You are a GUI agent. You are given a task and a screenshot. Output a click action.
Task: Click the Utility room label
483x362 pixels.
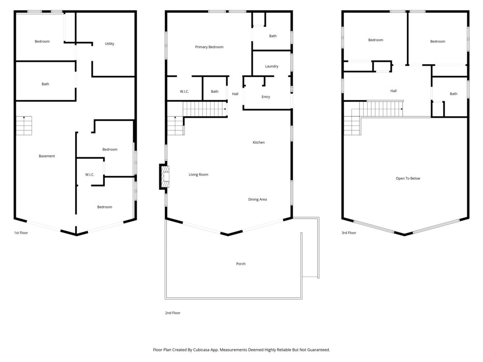tap(110, 44)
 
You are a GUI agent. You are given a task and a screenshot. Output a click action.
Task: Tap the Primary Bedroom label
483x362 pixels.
tap(209, 47)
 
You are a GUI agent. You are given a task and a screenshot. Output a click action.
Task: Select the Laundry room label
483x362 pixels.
tap(272, 66)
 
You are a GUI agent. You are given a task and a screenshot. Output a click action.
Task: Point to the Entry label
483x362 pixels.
tap(266, 97)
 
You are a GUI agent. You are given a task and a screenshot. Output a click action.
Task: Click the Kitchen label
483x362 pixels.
tap(259, 143)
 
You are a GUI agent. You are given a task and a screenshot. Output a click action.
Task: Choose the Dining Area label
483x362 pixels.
tap(258, 200)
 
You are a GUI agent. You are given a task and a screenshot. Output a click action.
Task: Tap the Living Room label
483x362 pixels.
tap(198, 175)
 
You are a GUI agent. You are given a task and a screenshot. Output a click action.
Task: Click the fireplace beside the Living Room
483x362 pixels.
tap(164, 176)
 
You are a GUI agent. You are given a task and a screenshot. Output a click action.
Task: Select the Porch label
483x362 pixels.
tap(241, 264)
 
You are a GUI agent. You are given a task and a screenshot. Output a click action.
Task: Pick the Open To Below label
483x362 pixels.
tap(408, 179)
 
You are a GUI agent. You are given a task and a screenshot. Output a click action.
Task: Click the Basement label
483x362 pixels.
tap(47, 156)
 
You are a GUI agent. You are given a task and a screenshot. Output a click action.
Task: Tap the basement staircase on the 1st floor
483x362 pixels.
tap(24, 126)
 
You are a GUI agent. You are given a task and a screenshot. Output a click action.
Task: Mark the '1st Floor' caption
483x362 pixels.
tap(21, 233)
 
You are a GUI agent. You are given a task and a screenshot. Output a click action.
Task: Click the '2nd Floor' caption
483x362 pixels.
tap(173, 313)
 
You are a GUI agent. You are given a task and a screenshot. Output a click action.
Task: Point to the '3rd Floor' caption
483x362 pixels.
tap(349, 233)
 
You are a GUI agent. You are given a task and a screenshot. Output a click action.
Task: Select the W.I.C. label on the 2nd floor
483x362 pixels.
tap(185, 91)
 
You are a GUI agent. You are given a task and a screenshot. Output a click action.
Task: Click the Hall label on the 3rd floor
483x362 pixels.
tap(394, 91)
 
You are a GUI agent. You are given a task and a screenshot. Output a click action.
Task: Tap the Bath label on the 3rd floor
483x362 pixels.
tap(454, 94)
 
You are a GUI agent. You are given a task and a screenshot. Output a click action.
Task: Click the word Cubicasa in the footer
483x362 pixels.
tap(201, 350)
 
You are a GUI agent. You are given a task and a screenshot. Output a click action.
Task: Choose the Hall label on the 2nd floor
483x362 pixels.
tap(235, 94)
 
